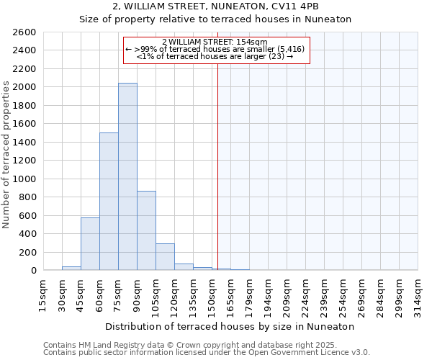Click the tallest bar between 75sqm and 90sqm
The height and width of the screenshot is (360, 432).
[127, 176]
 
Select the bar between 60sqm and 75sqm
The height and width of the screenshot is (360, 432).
[109, 202]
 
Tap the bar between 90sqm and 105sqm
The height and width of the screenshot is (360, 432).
[146, 230]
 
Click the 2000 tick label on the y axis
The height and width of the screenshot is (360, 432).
[24, 87]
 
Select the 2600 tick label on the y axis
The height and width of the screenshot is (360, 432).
[24, 32]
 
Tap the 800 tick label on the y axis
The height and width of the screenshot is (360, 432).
[27, 197]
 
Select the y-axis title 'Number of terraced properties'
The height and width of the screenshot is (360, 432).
[6, 155]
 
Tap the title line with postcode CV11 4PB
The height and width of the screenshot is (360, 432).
[215, 6]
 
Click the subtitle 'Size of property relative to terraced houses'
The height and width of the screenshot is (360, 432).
[215, 19]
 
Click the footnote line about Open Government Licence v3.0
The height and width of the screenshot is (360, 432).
[207, 353]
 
